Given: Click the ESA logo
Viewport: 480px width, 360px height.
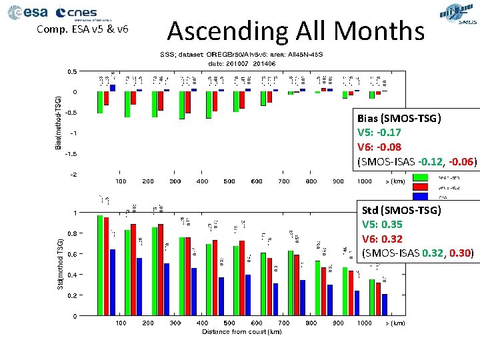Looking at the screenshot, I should (x=27, y=13).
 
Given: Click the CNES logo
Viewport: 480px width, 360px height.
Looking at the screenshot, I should (x=77, y=13).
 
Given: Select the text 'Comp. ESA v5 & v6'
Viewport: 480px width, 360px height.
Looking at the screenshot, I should (x=82, y=29).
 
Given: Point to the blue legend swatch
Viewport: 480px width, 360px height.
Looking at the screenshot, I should (x=402, y=196).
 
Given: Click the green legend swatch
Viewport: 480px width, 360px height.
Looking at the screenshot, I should (x=402, y=177).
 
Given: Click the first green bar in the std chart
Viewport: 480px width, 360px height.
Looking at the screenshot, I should (x=100, y=265).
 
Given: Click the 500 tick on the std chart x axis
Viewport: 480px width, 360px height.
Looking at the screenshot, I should (x=229, y=323).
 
